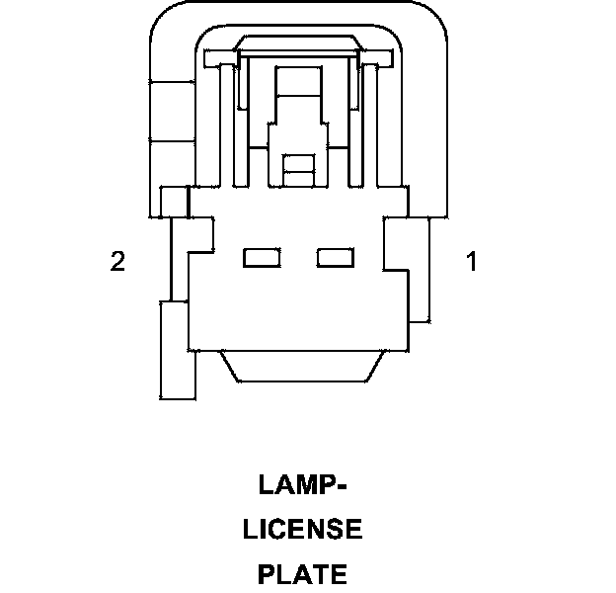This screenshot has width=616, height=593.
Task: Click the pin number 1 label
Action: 471,262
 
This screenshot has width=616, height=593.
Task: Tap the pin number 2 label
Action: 117,262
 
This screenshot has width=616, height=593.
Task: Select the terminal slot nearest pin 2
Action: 262,258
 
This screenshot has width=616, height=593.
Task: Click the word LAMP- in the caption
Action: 302,485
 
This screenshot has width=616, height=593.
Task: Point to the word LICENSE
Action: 302,530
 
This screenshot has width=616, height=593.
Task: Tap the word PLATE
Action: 302,573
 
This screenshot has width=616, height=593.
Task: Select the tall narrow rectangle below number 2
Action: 178,351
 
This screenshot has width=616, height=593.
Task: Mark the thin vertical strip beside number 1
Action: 420,272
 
